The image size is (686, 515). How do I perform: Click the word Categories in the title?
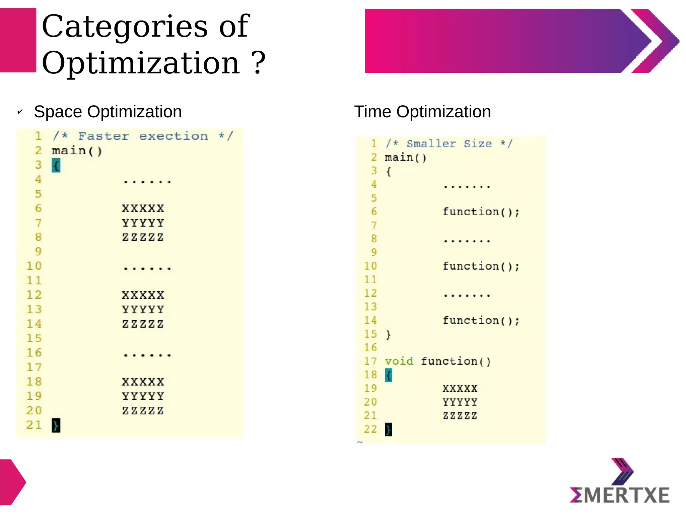click(125, 27)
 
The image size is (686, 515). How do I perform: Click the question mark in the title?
click(258, 63)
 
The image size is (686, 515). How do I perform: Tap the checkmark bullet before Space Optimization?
click(20, 112)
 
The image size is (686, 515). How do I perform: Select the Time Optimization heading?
click(422, 112)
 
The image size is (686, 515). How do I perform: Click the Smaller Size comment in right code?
click(449, 144)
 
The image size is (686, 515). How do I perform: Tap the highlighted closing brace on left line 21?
click(56, 425)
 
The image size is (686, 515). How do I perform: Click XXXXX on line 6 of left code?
click(143, 209)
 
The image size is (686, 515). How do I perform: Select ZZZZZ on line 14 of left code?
click(143, 324)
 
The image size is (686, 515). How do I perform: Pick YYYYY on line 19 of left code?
click(143, 396)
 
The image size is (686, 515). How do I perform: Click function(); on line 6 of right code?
click(481, 212)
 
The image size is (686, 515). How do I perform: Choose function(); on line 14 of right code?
click(481, 321)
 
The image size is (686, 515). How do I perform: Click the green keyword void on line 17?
click(399, 361)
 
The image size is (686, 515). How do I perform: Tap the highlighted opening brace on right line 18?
click(389, 375)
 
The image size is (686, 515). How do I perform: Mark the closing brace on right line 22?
click(389, 430)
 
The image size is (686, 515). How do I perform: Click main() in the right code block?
click(406, 158)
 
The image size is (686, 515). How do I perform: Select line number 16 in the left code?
click(34, 353)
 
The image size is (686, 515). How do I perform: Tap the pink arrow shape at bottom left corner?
click(12, 482)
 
